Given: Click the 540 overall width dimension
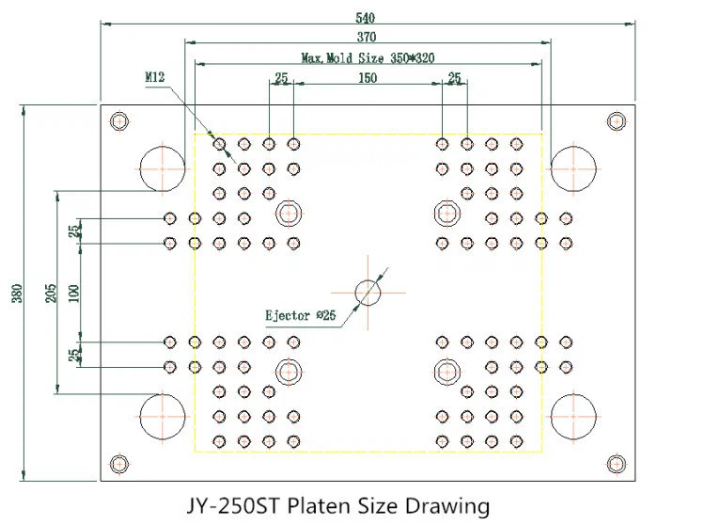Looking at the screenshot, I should tap(363, 17).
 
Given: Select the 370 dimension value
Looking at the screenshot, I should tap(366, 37).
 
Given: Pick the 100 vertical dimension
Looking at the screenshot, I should tap(73, 293).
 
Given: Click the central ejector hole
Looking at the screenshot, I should tap(368, 294).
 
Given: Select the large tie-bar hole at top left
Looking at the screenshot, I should tap(163, 168).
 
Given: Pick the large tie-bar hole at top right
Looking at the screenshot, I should tap(574, 168).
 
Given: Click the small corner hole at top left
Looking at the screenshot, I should tap(117, 121).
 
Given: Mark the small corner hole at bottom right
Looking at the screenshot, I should tap(617, 462).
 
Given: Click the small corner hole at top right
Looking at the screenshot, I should tap(617, 121).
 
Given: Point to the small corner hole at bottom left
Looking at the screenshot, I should tap(117, 462).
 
